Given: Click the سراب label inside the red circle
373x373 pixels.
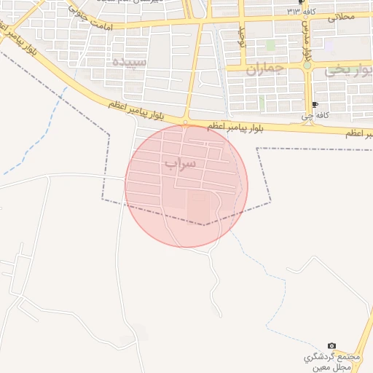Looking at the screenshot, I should (181, 163).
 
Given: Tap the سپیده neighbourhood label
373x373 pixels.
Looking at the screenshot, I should (131, 63).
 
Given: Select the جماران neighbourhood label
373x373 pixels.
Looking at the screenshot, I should (263, 71).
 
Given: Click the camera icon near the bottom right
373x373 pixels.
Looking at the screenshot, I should (332, 345).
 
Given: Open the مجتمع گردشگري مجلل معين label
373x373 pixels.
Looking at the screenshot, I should (332, 362).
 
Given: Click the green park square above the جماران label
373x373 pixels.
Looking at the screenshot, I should (270, 45).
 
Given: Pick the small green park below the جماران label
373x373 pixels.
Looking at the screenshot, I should (261, 103).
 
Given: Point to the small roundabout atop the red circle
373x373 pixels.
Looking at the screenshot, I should (186, 123).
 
